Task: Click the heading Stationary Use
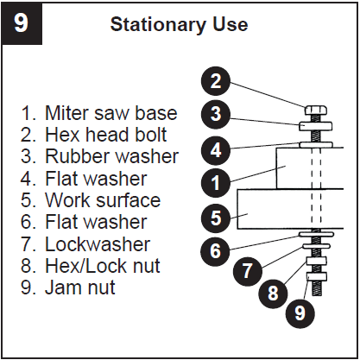[179, 24]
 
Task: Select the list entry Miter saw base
[99, 113]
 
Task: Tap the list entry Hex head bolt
[94, 135]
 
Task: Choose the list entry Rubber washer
[99, 156]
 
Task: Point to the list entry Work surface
[91, 200]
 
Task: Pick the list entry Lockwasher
[85, 244]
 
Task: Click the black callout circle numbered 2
[217, 83]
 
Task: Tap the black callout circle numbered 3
[217, 115]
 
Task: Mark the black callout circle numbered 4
[217, 148]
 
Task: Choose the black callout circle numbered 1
[217, 182]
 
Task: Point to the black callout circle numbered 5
[217, 216]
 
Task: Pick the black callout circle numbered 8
[274, 293]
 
